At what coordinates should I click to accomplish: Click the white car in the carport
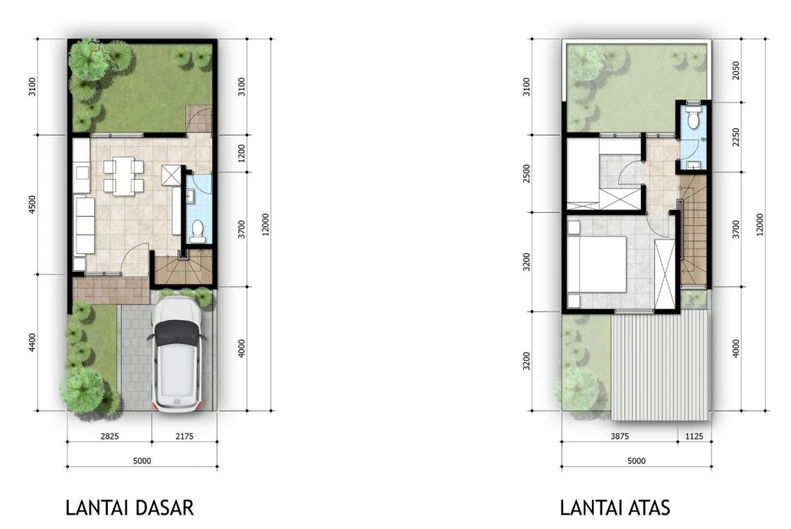(177, 354)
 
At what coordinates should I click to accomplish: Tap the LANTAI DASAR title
(129, 508)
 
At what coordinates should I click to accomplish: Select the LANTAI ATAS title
(615, 508)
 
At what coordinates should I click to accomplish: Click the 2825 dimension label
(109, 436)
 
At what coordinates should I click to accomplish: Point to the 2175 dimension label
(184, 436)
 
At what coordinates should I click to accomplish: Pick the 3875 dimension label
(620, 436)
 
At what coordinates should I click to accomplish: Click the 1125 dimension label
(694, 436)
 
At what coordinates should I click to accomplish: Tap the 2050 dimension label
(736, 70)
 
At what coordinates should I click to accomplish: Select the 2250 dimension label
(736, 137)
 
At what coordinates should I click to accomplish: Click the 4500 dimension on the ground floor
(33, 204)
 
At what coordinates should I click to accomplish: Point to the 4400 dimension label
(33, 343)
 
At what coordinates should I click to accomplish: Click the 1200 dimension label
(242, 153)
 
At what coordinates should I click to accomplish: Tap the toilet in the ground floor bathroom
(197, 230)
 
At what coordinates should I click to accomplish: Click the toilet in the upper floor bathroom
(694, 116)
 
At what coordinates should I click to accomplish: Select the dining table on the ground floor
(123, 175)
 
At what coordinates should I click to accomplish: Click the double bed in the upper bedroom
(597, 265)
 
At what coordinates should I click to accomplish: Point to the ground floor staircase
(184, 270)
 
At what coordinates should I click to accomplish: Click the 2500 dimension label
(527, 174)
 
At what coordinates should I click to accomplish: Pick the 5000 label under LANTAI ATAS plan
(636, 461)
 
